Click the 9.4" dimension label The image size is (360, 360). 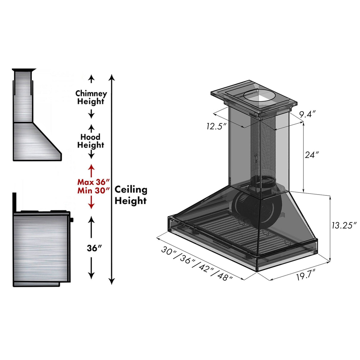pos(307,114)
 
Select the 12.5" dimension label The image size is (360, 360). pos(217,126)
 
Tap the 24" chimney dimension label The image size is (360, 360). pos(312,154)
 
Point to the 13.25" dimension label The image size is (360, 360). pos(344,225)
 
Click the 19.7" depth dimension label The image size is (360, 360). pos(305,276)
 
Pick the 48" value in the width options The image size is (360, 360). pos(225,277)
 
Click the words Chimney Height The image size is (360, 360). pos(91,98)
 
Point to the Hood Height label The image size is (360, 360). pos(91,141)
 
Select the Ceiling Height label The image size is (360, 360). pos(130,195)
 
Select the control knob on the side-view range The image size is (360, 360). pos(72,219)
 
